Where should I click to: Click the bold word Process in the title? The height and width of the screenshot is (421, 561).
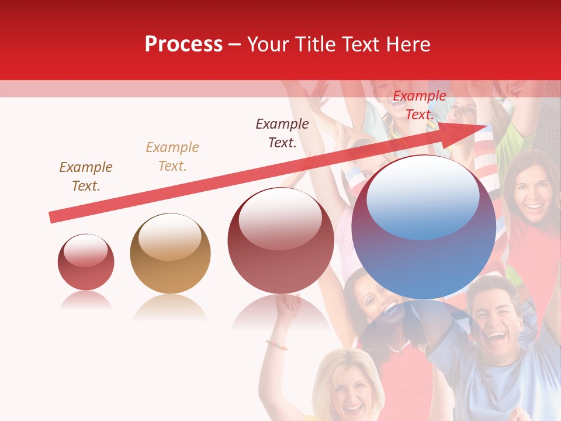183,44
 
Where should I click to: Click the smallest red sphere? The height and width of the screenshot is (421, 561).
86,262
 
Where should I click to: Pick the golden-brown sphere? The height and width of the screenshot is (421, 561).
170,253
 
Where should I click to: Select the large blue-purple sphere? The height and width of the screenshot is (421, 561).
424,227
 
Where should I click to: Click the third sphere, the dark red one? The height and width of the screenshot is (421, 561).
280,240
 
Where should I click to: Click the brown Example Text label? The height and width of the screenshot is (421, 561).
86,177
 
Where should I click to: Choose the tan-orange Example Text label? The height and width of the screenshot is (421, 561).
172,157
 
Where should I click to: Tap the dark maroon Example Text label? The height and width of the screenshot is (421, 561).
282,133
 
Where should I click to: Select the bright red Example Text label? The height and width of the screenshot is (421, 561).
419,105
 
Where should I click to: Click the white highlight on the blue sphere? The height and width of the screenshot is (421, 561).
423,198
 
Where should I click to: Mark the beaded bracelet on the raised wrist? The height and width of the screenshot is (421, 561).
277,345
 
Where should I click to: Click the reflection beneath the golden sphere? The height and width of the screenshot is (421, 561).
170,307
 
